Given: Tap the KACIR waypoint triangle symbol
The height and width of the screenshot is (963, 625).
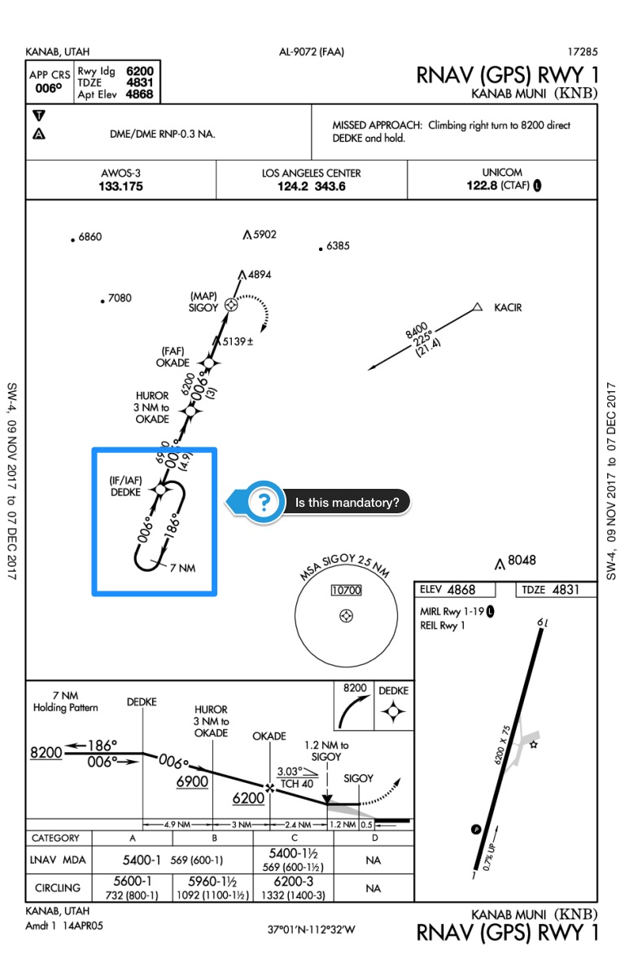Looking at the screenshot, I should pyautogui.click(x=479, y=308).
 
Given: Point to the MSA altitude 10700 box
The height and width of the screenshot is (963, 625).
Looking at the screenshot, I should pyautogui.click(x=347, y=591).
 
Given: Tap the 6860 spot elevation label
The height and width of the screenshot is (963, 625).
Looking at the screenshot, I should pyautogui.click(x=90, y=238).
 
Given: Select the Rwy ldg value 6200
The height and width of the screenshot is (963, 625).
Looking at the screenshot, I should pyautogui.click(x=139, y=71).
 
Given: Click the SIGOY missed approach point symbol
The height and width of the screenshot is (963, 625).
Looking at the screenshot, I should pyautogui.click(x=231, y=305).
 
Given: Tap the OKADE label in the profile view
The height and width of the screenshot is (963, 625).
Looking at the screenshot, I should pyautogui.click(x=269, y=737).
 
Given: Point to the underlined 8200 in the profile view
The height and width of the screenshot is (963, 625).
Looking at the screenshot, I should pyautogui.click(x=47, y=753).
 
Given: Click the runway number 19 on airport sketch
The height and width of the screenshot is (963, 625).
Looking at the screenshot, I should pyautogui.click(x=543, y=623).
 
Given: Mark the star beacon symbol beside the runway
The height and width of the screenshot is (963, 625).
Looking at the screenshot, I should pyautogui.click(x=534, y=744).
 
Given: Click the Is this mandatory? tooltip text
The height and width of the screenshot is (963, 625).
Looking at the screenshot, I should pyautogui.click(x=347, y=503).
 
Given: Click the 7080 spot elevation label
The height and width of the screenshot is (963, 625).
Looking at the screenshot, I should pyautogui.click(x=119, y=299).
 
